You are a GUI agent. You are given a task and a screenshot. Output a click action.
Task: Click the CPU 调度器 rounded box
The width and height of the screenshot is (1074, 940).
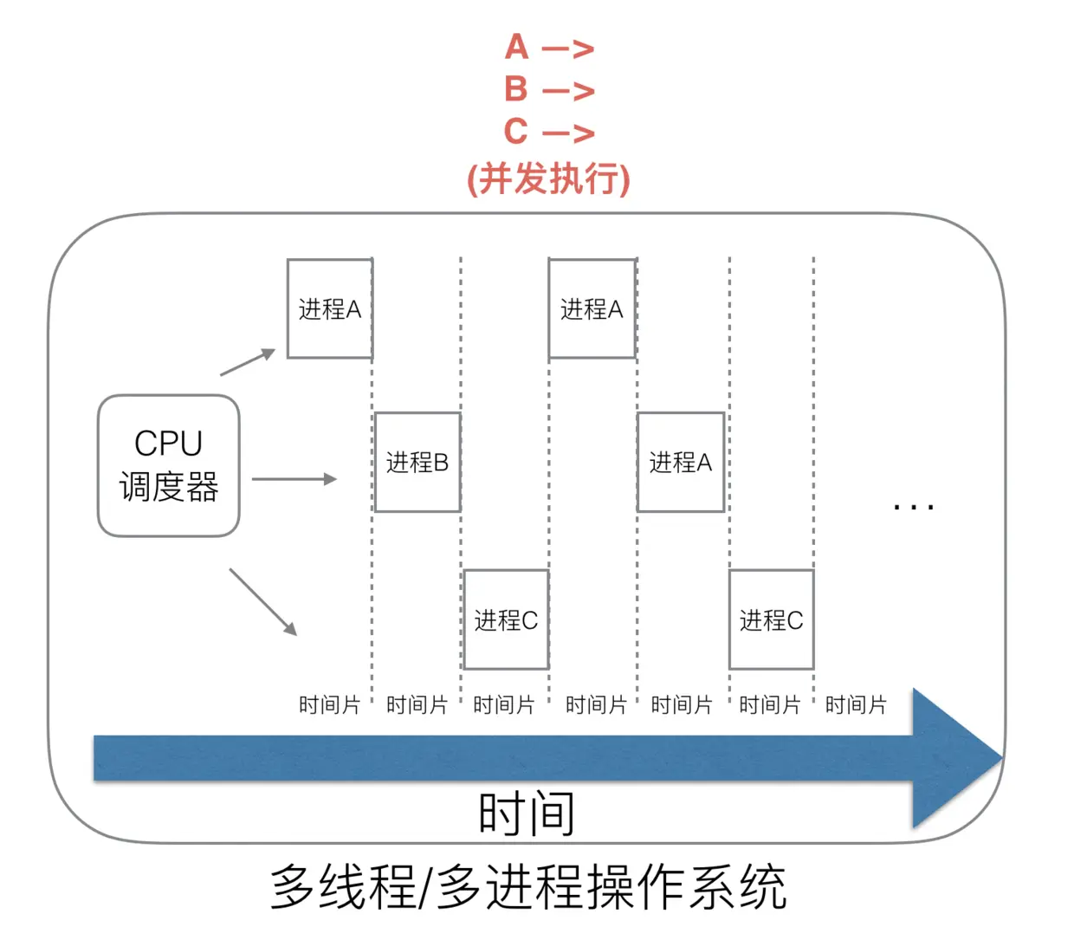[x=168, y=465]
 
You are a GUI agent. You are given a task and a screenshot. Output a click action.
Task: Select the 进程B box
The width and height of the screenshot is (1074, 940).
[x=417, y=462]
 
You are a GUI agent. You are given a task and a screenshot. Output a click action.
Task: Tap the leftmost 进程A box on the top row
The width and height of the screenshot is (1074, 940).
[x=329, y=308]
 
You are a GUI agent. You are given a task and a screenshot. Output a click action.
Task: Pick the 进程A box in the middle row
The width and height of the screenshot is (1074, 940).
[x=681, y=462]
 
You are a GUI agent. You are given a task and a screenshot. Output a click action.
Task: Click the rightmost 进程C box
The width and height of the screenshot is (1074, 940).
[x=771, y=619]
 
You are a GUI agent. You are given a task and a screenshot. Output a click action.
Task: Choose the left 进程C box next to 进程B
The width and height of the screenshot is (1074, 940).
[x=506, y=619]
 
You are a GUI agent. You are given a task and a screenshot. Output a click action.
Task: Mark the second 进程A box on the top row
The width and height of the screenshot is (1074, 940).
[x=592, y=308]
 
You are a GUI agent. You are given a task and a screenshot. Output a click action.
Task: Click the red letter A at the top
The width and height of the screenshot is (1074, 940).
[x=517, y=48]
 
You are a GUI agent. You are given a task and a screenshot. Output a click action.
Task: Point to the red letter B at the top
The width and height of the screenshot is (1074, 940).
[x=516, y=89]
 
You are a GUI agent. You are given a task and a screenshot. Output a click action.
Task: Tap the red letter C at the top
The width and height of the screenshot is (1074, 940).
[x=516, y=132]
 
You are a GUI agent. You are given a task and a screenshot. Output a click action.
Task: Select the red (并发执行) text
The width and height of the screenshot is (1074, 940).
[x=548, y=178]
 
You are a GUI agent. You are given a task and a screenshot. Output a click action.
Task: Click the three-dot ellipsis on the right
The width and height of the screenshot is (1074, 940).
[x=913, y=506]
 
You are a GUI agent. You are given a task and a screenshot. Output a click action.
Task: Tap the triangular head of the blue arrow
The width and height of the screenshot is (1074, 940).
[x=953, y=758]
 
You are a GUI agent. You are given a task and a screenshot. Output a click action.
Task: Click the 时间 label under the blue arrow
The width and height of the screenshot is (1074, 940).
[x=526, y=814]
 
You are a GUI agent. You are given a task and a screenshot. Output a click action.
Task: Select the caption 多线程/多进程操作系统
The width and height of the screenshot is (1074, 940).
[x=528, y=887]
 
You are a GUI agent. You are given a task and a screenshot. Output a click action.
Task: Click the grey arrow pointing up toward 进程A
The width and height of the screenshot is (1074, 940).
[x=248, y=362]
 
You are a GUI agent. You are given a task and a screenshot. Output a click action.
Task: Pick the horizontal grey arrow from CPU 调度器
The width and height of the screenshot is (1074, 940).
[x=294, y=479]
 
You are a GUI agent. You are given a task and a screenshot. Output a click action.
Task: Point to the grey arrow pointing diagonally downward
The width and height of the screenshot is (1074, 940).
[x=263, y=602]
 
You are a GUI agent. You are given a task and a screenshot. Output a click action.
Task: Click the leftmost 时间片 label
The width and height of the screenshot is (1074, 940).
[x=329, y=704]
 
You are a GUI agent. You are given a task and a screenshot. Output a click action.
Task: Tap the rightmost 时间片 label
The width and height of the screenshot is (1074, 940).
[x=856, y=704]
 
